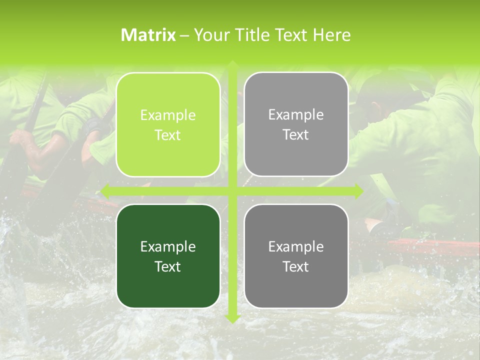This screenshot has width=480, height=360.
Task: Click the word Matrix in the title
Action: coord(148,35)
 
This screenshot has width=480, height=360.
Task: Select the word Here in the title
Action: coord(331,35)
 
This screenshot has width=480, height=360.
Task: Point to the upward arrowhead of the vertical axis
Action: coord(232,65)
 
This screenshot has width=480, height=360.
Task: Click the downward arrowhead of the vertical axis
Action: coord(232,318)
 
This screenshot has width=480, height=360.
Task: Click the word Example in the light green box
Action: coord(168,115)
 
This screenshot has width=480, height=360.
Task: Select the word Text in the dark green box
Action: coord(168,266)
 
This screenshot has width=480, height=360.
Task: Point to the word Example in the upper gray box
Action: coord(296,115)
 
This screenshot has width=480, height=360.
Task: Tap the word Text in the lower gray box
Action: coord(296,266)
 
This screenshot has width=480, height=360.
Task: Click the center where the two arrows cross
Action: coord(232,191)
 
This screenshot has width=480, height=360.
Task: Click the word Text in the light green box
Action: coord(168,135)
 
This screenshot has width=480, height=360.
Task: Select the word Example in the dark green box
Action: coord(168,246)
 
